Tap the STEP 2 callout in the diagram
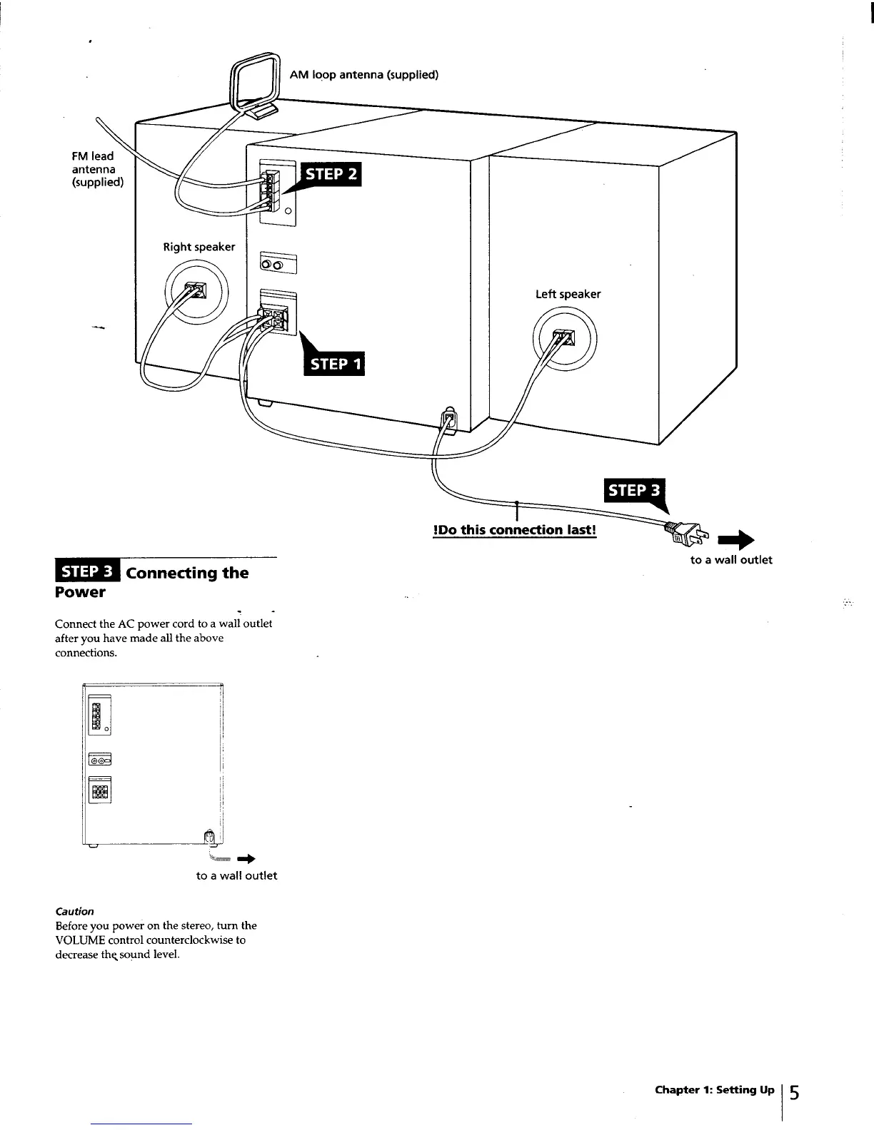(x=331, y=175)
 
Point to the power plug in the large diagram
(x=685, y=532)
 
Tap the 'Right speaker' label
(x=199, y=247)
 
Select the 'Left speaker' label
(x=568, y=294)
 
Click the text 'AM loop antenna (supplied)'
(x=363, y=74)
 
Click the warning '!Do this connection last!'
(x=514, y=529)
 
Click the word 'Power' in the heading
(x=80, y=592)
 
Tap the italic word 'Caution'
(x=74, y=911)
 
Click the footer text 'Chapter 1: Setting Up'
(x=714, y=1089)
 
